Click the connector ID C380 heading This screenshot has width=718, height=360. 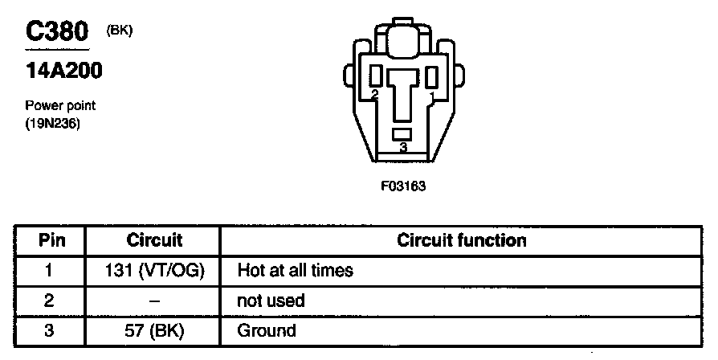(55, 33)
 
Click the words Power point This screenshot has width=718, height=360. (60, 106)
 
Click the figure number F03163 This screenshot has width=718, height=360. (402, 186)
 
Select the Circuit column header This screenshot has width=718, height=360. (155, 240)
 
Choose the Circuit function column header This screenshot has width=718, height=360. (462, 240)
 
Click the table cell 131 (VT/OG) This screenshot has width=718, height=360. (155, 271)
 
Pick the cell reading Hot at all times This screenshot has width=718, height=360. (295, 271)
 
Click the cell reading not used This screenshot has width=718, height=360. (271, 301)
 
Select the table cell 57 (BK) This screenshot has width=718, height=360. (155, 330)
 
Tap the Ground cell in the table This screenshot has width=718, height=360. (267, 330)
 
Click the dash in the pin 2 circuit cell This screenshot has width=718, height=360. (155, 301)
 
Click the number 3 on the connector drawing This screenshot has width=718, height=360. (403, 148)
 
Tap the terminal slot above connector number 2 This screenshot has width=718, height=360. (375, 77)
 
